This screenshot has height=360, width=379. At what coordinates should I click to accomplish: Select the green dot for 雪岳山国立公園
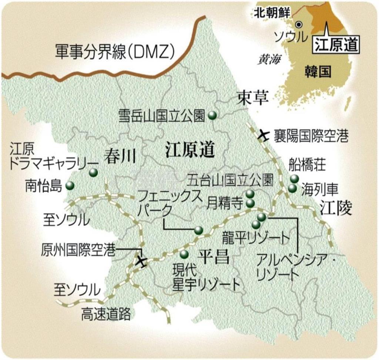(212, 115)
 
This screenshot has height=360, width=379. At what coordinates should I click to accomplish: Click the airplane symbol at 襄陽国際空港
(263, 135)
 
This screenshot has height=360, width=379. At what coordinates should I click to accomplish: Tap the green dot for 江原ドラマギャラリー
(93, 172)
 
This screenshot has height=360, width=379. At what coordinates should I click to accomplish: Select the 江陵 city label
(335, 209)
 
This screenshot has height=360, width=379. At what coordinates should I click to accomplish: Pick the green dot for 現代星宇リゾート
(184, 254)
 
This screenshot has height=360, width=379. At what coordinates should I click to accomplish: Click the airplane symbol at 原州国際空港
(141, 261)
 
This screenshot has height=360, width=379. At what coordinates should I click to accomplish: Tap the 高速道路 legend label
(106, 314)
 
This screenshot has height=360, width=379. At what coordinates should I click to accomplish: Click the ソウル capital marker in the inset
(299, 25)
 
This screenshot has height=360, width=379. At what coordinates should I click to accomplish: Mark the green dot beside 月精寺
(250, 203)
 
